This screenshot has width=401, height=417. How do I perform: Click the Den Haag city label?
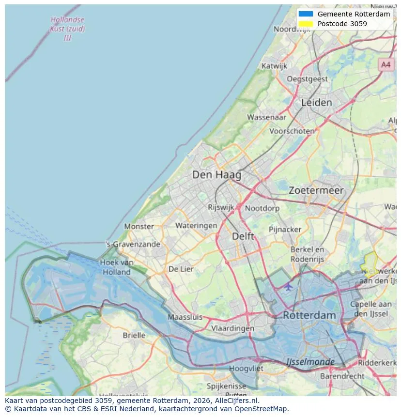click(216, 175)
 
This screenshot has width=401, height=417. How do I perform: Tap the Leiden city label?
click(316, 103)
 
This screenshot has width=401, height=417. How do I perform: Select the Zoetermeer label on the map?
click(316, 190)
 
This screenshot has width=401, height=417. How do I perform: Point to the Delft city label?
click(243, 236)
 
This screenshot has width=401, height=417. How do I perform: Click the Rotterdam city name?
click(309, 315)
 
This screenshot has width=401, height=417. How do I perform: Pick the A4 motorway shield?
click(386, 64)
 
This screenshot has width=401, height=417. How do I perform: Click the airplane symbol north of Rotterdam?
click(289, 286)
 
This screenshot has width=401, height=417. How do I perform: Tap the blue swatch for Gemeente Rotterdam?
click(306, 14)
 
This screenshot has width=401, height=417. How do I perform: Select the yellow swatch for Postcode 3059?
click(306, 24)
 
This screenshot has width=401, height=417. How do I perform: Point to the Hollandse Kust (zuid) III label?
click(67, 29)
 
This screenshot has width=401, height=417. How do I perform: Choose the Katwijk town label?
click(274, 66)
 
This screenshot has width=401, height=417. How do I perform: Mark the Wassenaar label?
click(266, 117)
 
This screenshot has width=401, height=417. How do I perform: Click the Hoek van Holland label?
click(116, 267)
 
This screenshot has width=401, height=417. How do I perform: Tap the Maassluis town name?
click(185, 317)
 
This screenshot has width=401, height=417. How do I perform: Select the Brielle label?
click(134, 335)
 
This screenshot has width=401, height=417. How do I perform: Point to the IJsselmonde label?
click(310, 362)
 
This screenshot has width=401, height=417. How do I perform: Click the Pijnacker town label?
click(285, 229)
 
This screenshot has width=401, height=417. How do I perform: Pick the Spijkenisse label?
click(226, 386)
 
